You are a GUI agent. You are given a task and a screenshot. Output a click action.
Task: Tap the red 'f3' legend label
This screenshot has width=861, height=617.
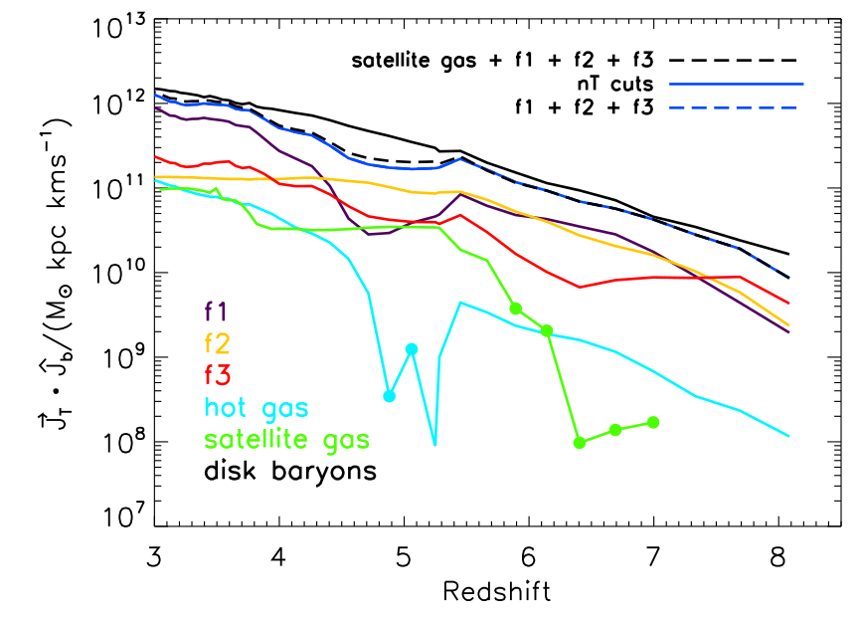pos(217,375)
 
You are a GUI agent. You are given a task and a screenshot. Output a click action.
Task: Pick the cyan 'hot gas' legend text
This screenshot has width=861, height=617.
pos(256,407)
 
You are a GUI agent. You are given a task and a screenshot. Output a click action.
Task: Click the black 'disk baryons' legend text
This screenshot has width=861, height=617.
pos(290,471)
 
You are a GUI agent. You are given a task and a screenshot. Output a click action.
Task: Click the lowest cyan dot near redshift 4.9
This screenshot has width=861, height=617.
pos(390,396)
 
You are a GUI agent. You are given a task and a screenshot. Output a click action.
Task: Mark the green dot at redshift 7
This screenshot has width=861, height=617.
pos(653,422)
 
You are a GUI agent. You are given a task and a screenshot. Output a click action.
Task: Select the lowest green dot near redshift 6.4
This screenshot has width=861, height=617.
pos(580,443)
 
